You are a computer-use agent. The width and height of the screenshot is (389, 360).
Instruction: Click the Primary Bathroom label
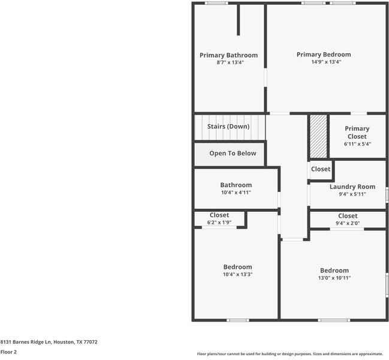228,55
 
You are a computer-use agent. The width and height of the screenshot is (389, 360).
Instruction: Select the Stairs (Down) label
228,127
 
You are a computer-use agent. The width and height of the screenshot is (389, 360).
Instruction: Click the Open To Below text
233,154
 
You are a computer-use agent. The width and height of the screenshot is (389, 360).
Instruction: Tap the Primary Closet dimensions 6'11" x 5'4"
357,144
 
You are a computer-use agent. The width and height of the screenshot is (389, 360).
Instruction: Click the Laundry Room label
352,187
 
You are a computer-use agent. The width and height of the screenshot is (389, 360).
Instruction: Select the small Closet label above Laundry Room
321,169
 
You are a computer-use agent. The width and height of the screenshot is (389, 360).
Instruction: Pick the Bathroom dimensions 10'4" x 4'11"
236,193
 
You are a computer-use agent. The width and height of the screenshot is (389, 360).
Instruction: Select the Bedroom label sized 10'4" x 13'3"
237,267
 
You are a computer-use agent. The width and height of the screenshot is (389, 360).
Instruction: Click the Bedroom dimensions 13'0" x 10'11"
334,278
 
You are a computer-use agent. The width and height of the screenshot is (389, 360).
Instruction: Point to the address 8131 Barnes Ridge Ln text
49,342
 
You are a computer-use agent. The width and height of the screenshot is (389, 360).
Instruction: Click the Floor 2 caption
8,352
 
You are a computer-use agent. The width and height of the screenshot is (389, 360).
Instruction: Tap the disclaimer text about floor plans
290,353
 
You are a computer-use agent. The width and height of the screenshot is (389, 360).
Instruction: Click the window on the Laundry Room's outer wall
387,195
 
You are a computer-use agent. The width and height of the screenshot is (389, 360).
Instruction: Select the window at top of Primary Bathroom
216,3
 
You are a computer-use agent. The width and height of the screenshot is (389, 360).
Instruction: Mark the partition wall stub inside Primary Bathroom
239,21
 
